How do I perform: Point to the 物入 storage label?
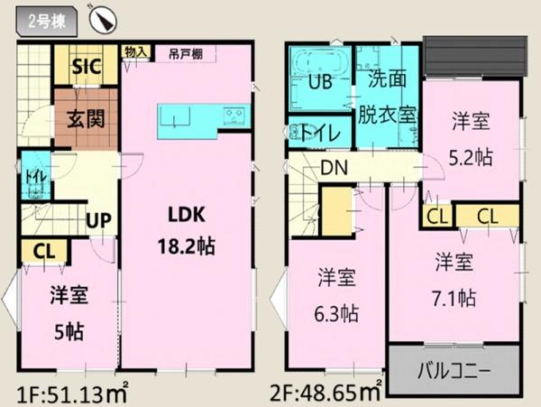135,52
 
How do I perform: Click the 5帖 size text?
69,331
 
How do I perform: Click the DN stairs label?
334,168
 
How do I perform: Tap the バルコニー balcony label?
454,370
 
